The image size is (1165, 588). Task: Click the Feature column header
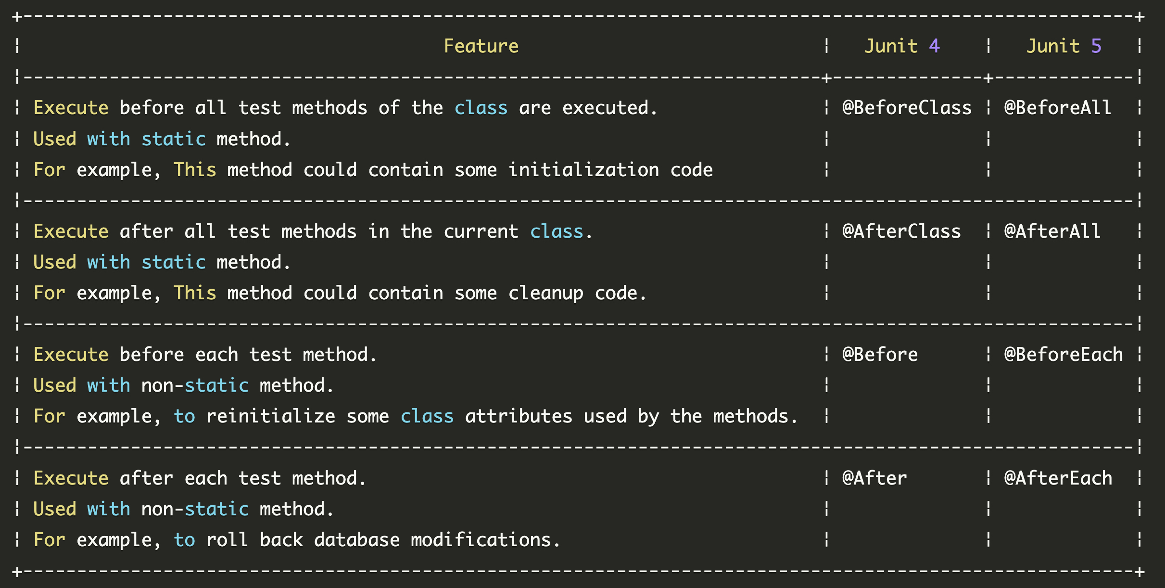coord(481,46)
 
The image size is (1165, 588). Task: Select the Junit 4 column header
coord(901,46)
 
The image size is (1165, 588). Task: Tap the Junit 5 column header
coord(1064,46)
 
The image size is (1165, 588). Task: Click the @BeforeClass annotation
coord(907,108)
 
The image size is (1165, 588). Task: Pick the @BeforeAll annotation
coord(1058,108)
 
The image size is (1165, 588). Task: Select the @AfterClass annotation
coord(901,231)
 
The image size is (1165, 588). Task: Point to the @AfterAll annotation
coord(1052,231)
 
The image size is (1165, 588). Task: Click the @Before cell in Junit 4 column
coord(880,355)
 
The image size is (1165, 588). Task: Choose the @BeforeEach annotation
coord(1064,355)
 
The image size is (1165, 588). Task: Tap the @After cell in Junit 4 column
coord(874,478)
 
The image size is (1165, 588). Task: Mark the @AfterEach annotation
coord(1058,478)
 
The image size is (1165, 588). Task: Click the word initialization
coord(584,170)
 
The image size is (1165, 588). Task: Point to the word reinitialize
coord(271,416)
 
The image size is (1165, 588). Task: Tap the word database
coord(357,540)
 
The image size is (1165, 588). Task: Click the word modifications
coord(481,540)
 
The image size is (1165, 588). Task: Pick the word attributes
coord(519,416)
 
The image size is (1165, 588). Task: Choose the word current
coord(481,231)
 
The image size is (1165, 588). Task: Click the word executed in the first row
coord(605,108)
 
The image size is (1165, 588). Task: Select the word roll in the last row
coord(227,540)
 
